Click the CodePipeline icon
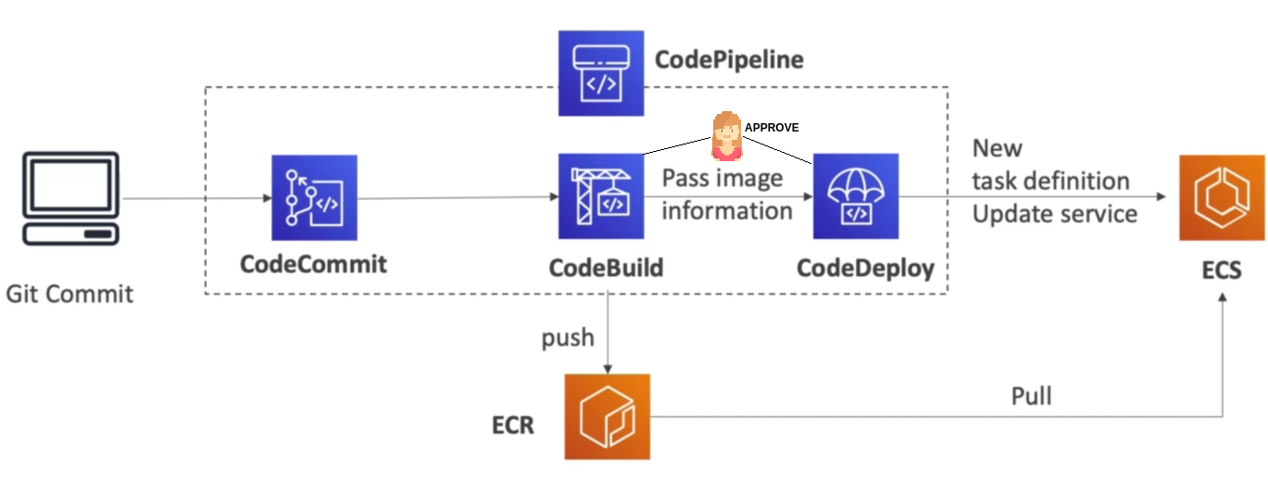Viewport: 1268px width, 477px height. click(600, 72)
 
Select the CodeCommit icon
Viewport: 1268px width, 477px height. click(314, 197)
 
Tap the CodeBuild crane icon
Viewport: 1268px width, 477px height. click(601, 196)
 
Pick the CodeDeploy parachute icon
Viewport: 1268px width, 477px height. click(856, 196)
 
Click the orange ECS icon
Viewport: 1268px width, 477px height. click(1221, 197)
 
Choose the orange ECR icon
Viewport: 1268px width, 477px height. click(608, 416)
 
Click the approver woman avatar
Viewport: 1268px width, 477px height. click(726, 137)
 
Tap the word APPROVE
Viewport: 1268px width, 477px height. click(771, 128)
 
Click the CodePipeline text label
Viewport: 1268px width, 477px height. click(729, 61)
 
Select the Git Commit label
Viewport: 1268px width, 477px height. click(69, 295)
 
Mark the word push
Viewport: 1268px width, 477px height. click(568, 338)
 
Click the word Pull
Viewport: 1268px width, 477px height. click(1031, 396)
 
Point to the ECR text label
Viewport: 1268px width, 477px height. click(512, 426)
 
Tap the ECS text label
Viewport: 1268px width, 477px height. click(1221, 271)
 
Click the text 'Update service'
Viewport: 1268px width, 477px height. click(1054, 214)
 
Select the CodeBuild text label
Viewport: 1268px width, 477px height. click(606, 268)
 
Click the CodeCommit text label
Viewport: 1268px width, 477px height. click(313, 264)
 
